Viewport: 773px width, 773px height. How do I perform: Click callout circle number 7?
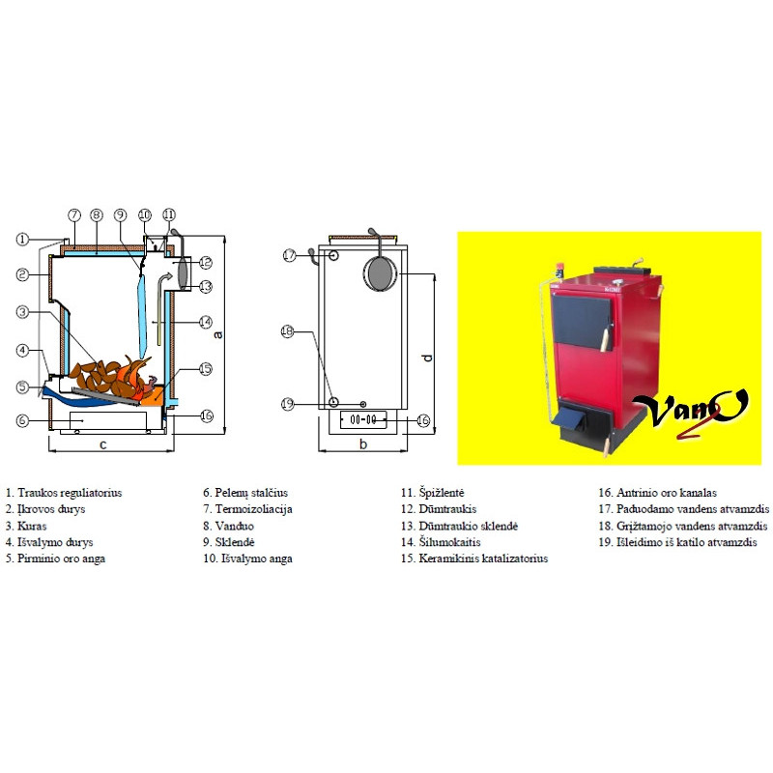(73, 215)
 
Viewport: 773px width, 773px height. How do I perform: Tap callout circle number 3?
(21, 312)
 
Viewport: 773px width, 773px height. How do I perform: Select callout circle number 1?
(21, 239)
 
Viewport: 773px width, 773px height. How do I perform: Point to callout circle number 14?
(205, 322)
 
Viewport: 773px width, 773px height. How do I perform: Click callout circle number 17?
(289, 255)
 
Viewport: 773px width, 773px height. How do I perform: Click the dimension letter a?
(218, 334)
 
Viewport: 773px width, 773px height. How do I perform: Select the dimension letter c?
(102, 444)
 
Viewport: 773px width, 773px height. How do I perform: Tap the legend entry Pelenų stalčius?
(244, 493)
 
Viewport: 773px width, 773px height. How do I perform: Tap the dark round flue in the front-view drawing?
(379, 273)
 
